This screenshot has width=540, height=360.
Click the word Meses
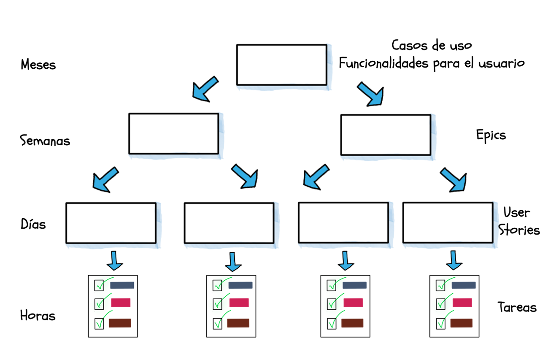pos(38,65)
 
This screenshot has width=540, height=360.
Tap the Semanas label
pos(45,141)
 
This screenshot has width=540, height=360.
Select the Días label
pos(33,224)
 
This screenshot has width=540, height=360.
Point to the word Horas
pos(38,315)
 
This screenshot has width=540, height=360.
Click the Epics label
pos(491,135)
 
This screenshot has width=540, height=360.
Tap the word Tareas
pos(517,307)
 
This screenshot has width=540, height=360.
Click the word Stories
pos(519,229)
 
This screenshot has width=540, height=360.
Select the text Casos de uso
pos(432,45)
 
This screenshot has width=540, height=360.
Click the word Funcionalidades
pos(383,63)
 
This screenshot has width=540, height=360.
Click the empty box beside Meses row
pos(282,65)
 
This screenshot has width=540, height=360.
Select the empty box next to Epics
pos(386,135)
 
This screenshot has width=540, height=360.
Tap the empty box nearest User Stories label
pos(448,222)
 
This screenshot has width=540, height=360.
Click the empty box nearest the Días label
pos(111,223)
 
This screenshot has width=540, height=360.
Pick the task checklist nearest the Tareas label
pos(454,306)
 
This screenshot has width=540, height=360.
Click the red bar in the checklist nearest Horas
pos(121,303)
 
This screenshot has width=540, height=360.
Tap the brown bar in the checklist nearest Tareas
pos(462,323)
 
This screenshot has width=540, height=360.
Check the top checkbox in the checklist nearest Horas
pos(99,285)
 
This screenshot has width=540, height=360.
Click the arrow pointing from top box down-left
pos(205,89)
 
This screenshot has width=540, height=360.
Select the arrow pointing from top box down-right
pos(371,94)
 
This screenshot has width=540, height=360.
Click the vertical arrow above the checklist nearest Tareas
pos(454,260)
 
